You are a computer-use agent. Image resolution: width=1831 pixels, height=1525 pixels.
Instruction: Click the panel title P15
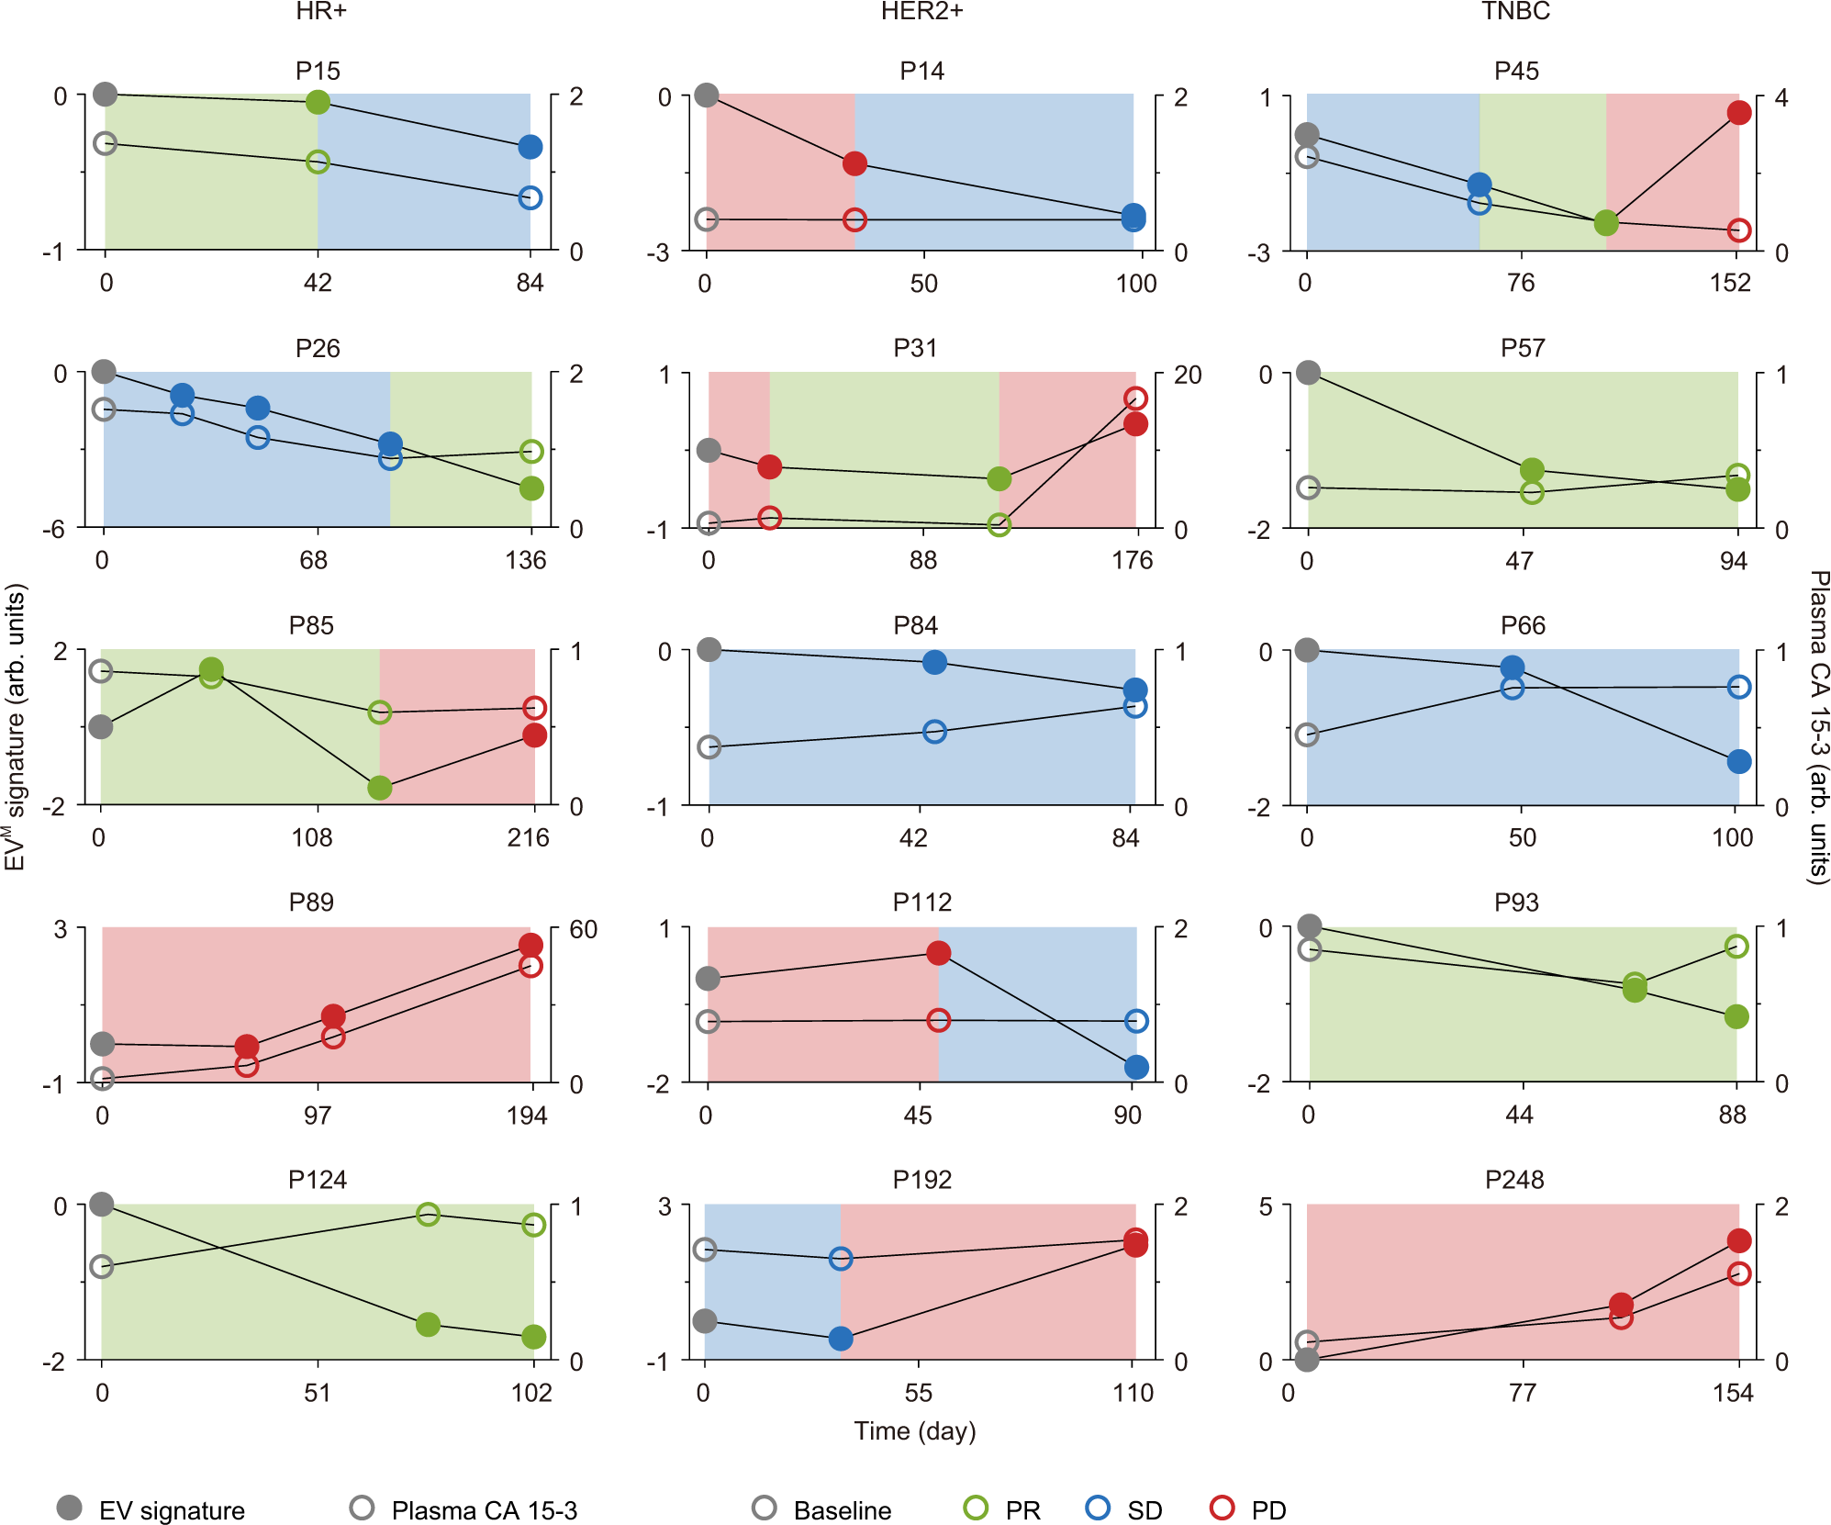[x=318, y=71]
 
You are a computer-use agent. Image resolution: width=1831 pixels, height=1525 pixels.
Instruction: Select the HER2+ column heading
[x=921, y=12]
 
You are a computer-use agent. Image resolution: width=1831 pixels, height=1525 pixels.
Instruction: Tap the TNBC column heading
[x=1515, y=12]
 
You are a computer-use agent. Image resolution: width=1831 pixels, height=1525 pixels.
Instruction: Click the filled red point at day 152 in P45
[x=1738, y=113]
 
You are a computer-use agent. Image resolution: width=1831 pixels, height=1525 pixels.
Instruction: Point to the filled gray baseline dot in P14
[x=706, y=95]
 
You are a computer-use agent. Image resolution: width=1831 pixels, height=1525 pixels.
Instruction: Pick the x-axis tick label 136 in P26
[x=526, y=560]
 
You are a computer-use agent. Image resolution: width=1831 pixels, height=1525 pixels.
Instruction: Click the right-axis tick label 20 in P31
[x=1188, y=375]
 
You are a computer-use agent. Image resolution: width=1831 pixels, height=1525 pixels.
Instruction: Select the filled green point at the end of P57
[x=1737, y=489]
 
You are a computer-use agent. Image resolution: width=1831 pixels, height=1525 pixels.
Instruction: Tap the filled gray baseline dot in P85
[x=101, y=727]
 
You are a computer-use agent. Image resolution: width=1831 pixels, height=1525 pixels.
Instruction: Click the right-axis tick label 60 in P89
[x=583, y=929]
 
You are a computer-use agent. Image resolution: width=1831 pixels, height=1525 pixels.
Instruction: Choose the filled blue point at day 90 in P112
[x=1136, y=1067]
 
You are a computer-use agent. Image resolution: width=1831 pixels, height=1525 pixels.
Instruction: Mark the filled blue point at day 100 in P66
[x=1738, y=761]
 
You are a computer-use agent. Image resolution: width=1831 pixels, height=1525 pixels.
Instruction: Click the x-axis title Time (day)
[x=915, y=1430]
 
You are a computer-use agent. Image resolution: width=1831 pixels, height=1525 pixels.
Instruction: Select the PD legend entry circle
[x=1222, y=1508]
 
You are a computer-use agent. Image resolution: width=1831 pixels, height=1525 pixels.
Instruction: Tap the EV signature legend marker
[x=70, y=1508]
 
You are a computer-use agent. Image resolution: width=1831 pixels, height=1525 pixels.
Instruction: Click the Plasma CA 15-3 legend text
[x=484, y=1510]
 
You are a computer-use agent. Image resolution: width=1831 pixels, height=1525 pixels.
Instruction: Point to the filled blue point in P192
[x=841, y=1339]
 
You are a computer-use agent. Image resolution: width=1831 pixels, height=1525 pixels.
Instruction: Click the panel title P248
[x=1514, y=1180]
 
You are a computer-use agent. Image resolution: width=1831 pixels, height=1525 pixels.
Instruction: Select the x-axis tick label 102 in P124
[x=531, y=1393]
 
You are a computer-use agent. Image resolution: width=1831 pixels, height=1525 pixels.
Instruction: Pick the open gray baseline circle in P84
[x=709, y=747]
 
